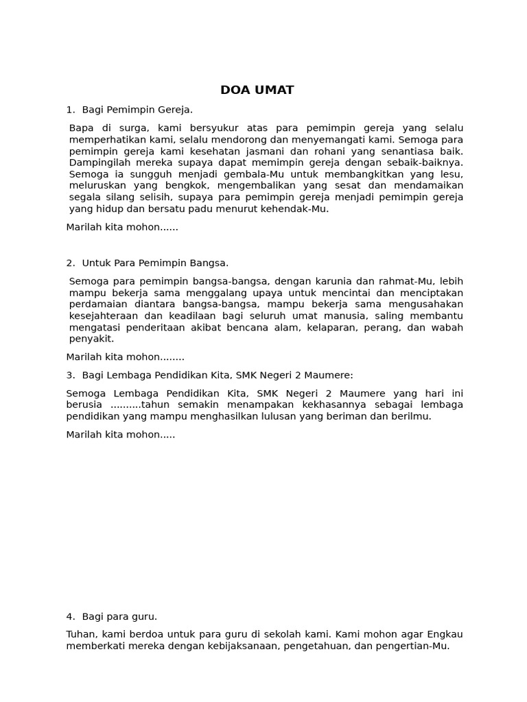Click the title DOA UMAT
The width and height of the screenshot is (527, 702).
click(x=257, y=90)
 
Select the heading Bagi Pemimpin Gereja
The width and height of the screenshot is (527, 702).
click(x=137, y=110)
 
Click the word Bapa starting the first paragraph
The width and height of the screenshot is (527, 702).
click(x=81, y=128)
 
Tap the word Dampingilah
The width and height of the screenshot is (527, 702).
click(x=98, y=162)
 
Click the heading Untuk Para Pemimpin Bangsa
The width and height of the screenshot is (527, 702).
click(x=154, y=263)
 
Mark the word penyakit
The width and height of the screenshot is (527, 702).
click(x=91, y=339)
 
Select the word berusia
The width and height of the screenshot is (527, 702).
click(x=84, y=404)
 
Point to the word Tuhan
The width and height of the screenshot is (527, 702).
click(x=81, y=634)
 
